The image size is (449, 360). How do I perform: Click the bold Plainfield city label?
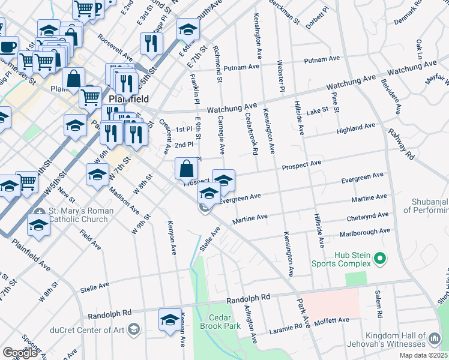click(x=128, y=98)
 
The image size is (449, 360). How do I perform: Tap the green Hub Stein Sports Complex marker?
click(x=379, y=259)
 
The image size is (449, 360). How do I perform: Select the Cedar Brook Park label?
click(x=224, y=322)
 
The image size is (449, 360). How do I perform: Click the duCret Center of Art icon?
click(x=133, y=329)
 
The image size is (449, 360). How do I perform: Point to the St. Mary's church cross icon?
click(x=40, y=212)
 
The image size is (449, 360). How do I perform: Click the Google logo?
click(x=20, y=353)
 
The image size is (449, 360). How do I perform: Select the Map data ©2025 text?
click(x=424, y=355)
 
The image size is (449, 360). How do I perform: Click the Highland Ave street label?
click(x=357, y=128)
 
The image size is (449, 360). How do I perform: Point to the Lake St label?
click(x=317, y=110)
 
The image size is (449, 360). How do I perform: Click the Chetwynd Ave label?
click(x=368, y=217)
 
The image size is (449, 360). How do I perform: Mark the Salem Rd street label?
click(x=378, y=304)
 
